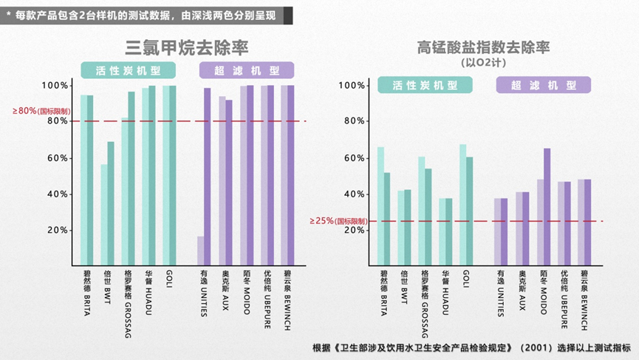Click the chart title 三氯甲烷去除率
[x=186, y=47]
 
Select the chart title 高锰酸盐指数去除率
[x=484, y=48]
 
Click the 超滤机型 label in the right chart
[x=543, y=86]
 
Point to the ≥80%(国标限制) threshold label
[x=41, y=111]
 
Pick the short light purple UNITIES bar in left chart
[x=201, y=251]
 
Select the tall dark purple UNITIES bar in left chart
[x=208, y=177]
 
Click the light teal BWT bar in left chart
[x=104, y=215]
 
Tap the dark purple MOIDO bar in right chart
[x=547, y=208]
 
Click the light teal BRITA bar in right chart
[x=380, y=207]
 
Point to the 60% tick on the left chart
[x=58, y=158]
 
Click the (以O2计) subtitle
[x=483, y=63]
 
